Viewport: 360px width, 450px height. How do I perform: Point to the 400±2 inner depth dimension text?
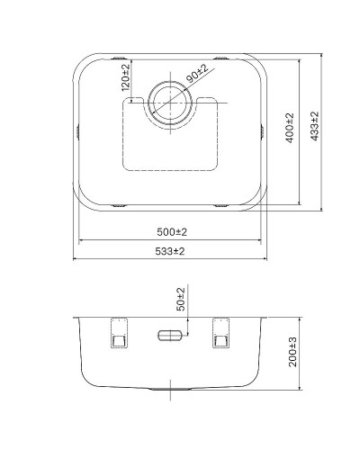(289, 130)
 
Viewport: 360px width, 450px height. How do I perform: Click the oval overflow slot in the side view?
(169, 336)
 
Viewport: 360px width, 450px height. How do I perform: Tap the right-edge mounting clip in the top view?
(264, 131)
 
